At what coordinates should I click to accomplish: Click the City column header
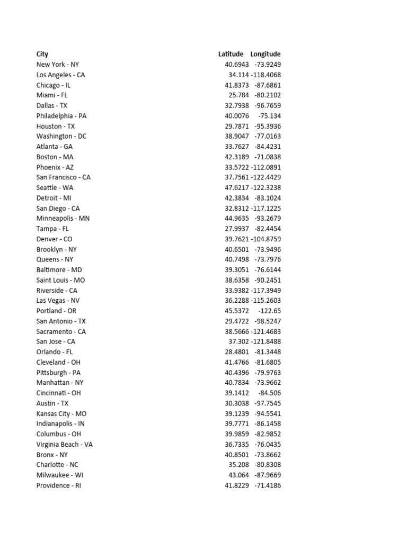(42, 54)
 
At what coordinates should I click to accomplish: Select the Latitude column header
(231, 54)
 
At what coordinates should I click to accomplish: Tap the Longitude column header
(266, 54)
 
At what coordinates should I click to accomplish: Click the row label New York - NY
(57, 65)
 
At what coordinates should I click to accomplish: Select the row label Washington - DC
(61, 136)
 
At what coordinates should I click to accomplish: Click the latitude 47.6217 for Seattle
(234, 187)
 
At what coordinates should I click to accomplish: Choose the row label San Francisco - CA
(64, 177)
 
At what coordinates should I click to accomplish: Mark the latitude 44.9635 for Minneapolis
(234, 218)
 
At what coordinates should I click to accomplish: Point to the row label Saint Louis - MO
(60, 280)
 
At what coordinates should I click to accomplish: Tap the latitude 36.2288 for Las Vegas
(234, 301)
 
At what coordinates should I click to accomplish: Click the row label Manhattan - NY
(60, 383)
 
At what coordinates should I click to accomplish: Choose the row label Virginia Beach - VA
(65, 444)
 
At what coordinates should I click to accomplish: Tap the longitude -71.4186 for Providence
(268, 485)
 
